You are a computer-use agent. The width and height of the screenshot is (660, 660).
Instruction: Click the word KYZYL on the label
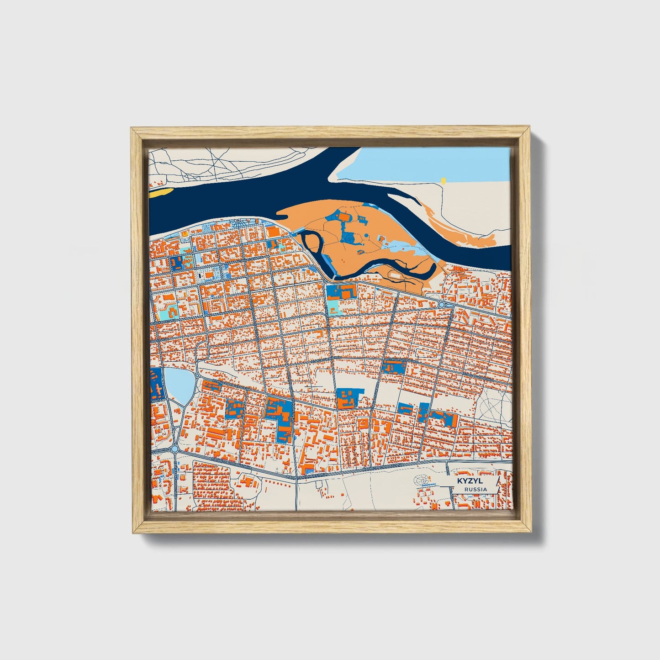(x=466, y=481)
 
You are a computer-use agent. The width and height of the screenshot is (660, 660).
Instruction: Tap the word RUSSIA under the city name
(x=475, y=489)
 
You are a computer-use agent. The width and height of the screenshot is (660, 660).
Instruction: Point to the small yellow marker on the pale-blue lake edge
(x=443, y=180)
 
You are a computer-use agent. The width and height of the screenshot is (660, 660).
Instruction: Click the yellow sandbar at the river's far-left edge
(x=161, y=192)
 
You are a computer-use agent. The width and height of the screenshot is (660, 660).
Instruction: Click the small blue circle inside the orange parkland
(x=349, y=237)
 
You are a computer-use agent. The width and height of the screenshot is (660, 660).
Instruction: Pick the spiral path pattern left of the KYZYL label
(x=423, y=480)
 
